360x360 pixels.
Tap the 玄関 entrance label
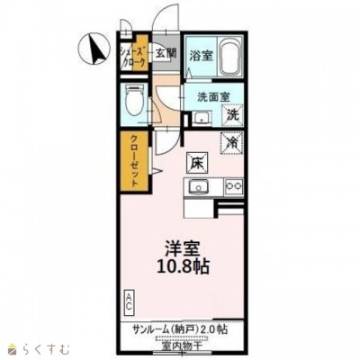(164, 53)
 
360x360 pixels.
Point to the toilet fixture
(134, 102)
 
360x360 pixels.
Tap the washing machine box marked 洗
(232, 116)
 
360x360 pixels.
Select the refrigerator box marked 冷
(231, 141)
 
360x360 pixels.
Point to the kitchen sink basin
(198, 188)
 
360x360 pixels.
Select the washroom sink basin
(199, 116)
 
